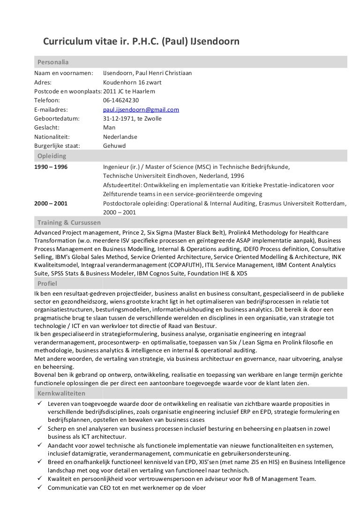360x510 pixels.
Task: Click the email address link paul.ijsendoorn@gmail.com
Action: (x=141, y=109)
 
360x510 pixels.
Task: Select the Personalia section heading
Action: (x=53, y=62)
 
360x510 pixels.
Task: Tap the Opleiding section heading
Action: (x=52, y=156)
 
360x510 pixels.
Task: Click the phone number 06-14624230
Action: (x=120, y=100)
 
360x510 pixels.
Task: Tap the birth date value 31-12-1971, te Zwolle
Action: (x=132, y=119)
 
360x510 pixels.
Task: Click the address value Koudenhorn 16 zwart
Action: (x=133, y=82)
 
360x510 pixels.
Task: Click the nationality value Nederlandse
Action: (x=120, y=137)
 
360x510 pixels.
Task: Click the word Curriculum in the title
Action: (x=67, y=42)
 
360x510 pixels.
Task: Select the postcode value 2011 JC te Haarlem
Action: (x=128, y=91)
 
